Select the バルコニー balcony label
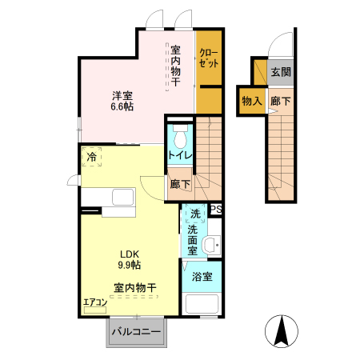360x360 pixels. [x=135, y=330]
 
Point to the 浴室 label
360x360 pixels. [x=202, y=278]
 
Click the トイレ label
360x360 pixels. [x=179, y=155]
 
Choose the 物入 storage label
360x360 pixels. [x=251, y=101]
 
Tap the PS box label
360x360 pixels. [x=214, y=210]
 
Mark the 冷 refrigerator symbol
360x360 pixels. [x=93, y=158]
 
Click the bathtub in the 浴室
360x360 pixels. [x=203, y=304]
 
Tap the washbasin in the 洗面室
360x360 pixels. [x=211, y=245]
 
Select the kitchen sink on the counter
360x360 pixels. [x=122, y=198]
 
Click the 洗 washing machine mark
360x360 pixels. [x=194, y=214]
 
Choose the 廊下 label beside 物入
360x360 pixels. [x=280, y=101]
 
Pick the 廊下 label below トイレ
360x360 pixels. [x=180, y=184]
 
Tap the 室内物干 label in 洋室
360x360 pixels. [x=176, y=66]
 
